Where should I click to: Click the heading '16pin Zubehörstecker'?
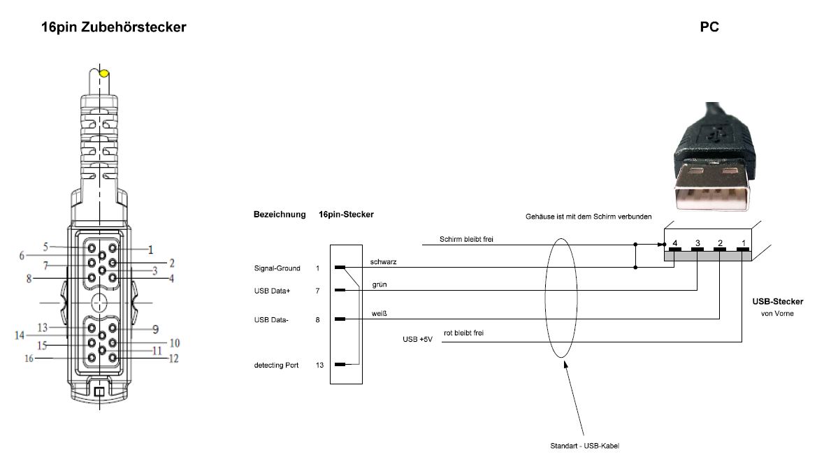click(113, 27)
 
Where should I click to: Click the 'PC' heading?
click(709, 27)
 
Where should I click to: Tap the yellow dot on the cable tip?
click(104, 73)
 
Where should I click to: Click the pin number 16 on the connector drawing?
click(29, 358)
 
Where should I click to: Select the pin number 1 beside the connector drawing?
click(151, 249)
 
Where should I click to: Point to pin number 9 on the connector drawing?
click(156, 329)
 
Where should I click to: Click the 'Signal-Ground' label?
click(277, 268)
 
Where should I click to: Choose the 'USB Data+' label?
click(272, 291)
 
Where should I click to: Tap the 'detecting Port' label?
click(277, 365)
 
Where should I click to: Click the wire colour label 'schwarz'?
click(383, 262)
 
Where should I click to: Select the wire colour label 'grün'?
click(380, 284)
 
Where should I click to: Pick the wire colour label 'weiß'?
click(380, 313)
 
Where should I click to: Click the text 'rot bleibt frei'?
click(463, 333)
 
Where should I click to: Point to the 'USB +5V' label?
click(417, 339)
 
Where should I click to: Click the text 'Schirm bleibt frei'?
click(466, 239)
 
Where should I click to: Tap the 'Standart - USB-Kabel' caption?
click(584, 446)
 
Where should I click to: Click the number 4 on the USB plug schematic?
click(674, 243)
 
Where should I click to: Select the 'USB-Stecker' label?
click(778, 301)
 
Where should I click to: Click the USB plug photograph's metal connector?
click(713, 186)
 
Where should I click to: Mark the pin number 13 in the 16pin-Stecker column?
click(319, 365)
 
